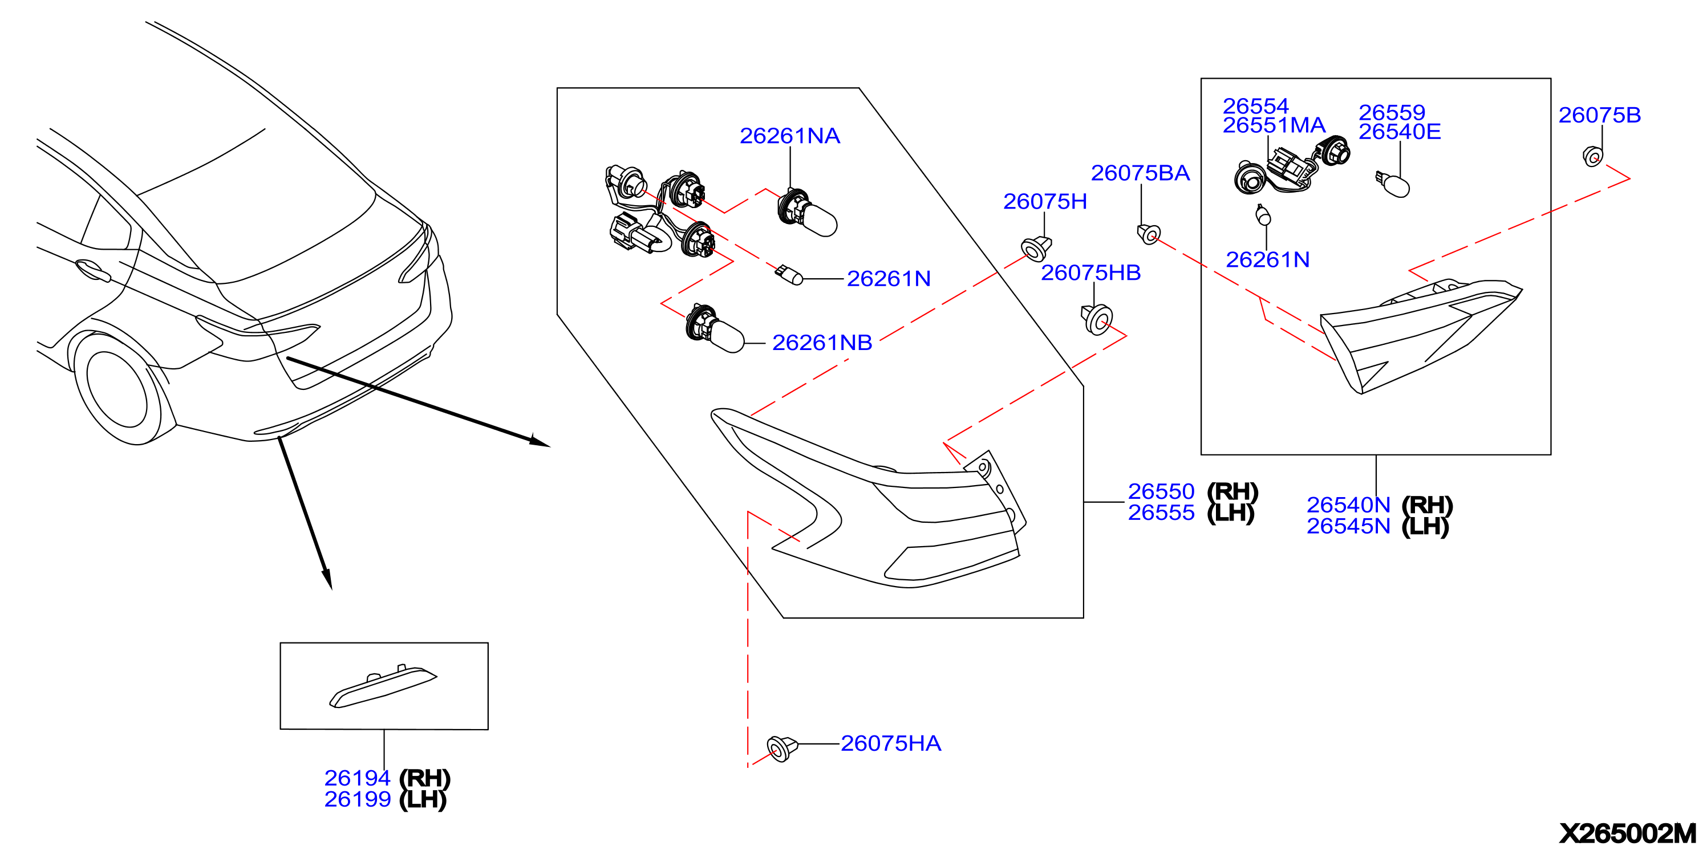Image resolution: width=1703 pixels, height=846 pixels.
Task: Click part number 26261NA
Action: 789,136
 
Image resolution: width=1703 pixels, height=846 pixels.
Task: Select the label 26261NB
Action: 822,343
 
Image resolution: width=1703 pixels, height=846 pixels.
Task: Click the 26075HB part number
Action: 1091,272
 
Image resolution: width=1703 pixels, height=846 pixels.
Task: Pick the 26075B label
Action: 1599,115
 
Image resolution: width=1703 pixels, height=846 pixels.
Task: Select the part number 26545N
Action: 1349,526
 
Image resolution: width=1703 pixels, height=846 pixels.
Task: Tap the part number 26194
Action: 357,778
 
